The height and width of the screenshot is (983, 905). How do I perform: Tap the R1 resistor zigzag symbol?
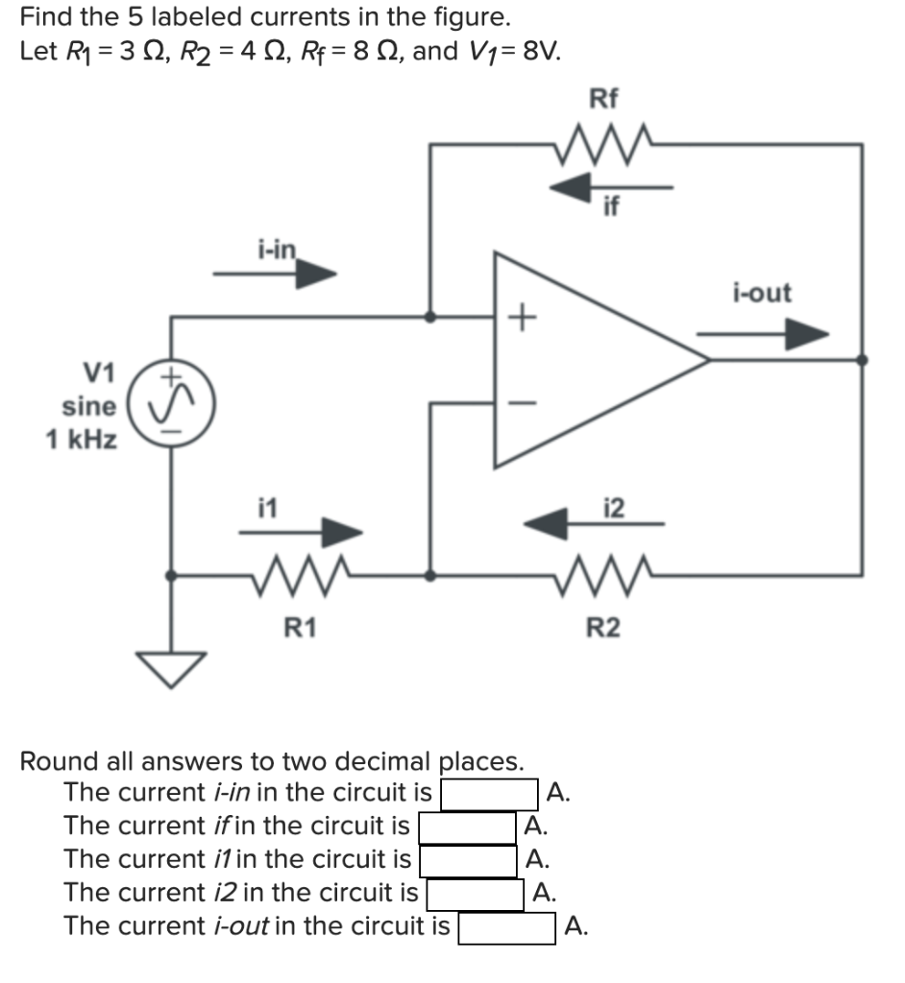pos(301,577)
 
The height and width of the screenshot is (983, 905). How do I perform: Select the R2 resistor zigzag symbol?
pos(603,577)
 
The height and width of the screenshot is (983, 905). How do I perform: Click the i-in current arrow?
pos(276,276)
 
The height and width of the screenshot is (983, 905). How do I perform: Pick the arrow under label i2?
pos(592,523)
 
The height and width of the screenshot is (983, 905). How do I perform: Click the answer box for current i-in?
pos(489,794)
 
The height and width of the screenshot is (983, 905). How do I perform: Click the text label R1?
pos(301,629)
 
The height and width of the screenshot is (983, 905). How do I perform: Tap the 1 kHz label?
pos(83,441)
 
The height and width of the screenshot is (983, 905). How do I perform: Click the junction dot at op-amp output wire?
pos(862,360)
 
